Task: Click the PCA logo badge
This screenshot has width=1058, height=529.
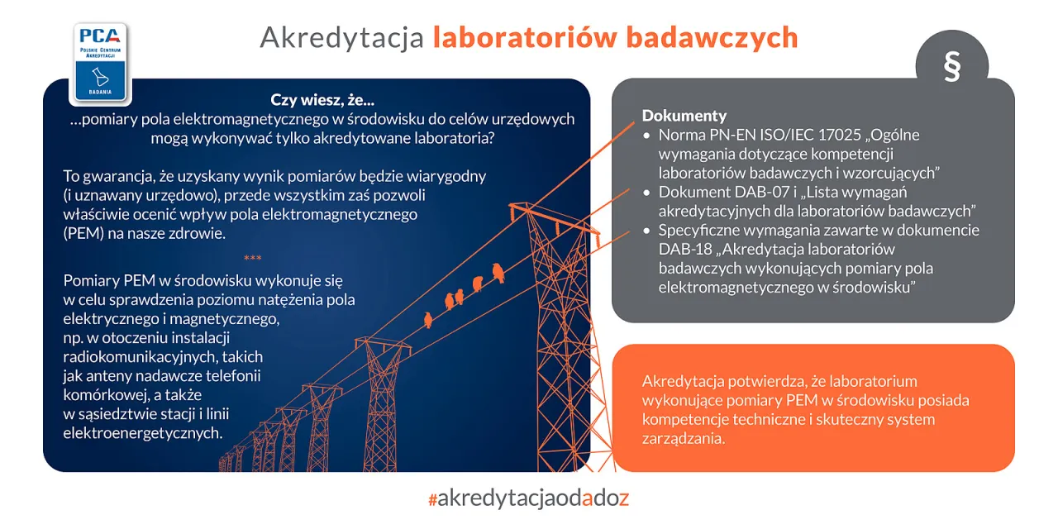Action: pos(100,63)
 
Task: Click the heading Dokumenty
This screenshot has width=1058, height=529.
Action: pos(684,116)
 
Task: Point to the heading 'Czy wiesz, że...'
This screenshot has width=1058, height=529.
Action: pos(322,100)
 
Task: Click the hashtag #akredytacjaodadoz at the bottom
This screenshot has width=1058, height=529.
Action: pos(529,498)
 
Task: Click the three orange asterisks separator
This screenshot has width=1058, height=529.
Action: pos(253,259)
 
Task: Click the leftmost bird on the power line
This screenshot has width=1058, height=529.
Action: pos(427,320)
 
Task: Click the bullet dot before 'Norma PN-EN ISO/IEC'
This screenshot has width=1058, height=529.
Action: pos(647,136)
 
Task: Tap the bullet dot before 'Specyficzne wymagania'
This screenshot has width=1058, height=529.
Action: pos(647,231)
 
